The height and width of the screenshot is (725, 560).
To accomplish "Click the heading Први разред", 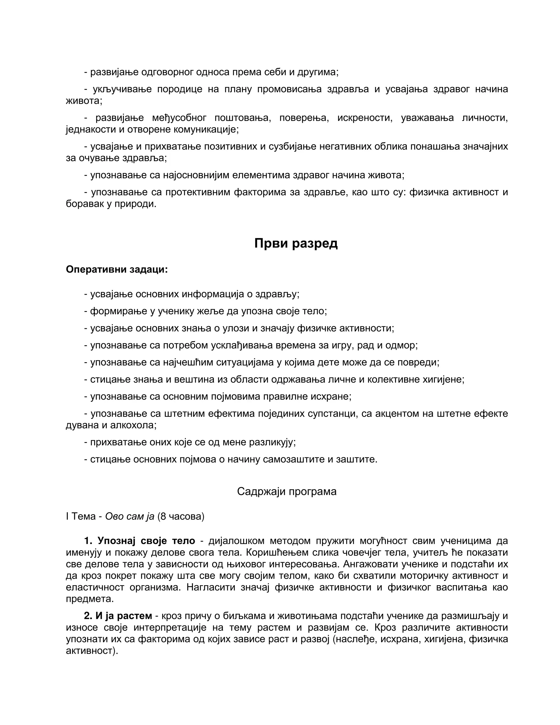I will pyautogui.click(x=296, y=243).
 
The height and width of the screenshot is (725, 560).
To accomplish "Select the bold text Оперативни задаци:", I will pyautogui.click(x=117, y=269).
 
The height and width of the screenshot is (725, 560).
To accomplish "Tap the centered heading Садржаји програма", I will pyautogui.click(x=287, y=491).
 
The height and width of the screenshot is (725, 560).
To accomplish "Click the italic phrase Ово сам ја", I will pyautogui.click(x=130, y=516).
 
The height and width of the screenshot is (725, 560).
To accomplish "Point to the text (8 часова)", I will pyautogui.click(x=181, y=516).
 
